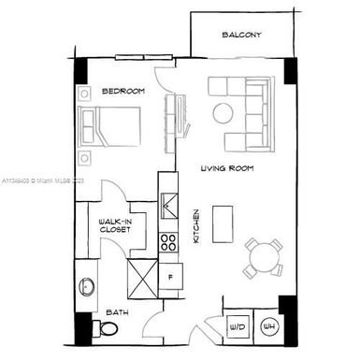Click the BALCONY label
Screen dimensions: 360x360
pos(241,36)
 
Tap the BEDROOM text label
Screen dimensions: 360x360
pos(122,91)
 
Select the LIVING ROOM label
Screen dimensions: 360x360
pos(228,169)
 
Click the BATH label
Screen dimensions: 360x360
pos(117,311)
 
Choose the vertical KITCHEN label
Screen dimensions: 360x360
pos(196,225)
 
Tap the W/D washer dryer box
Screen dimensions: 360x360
pos(237,326)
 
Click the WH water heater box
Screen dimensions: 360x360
pos(267,326)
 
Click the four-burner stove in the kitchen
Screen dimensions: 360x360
pos(169,243)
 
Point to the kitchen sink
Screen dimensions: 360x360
pos(169,204)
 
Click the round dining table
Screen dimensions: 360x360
pos(263,257)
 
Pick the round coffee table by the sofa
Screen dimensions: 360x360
pos(223,113)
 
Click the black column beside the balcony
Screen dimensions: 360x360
pos(290,71)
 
